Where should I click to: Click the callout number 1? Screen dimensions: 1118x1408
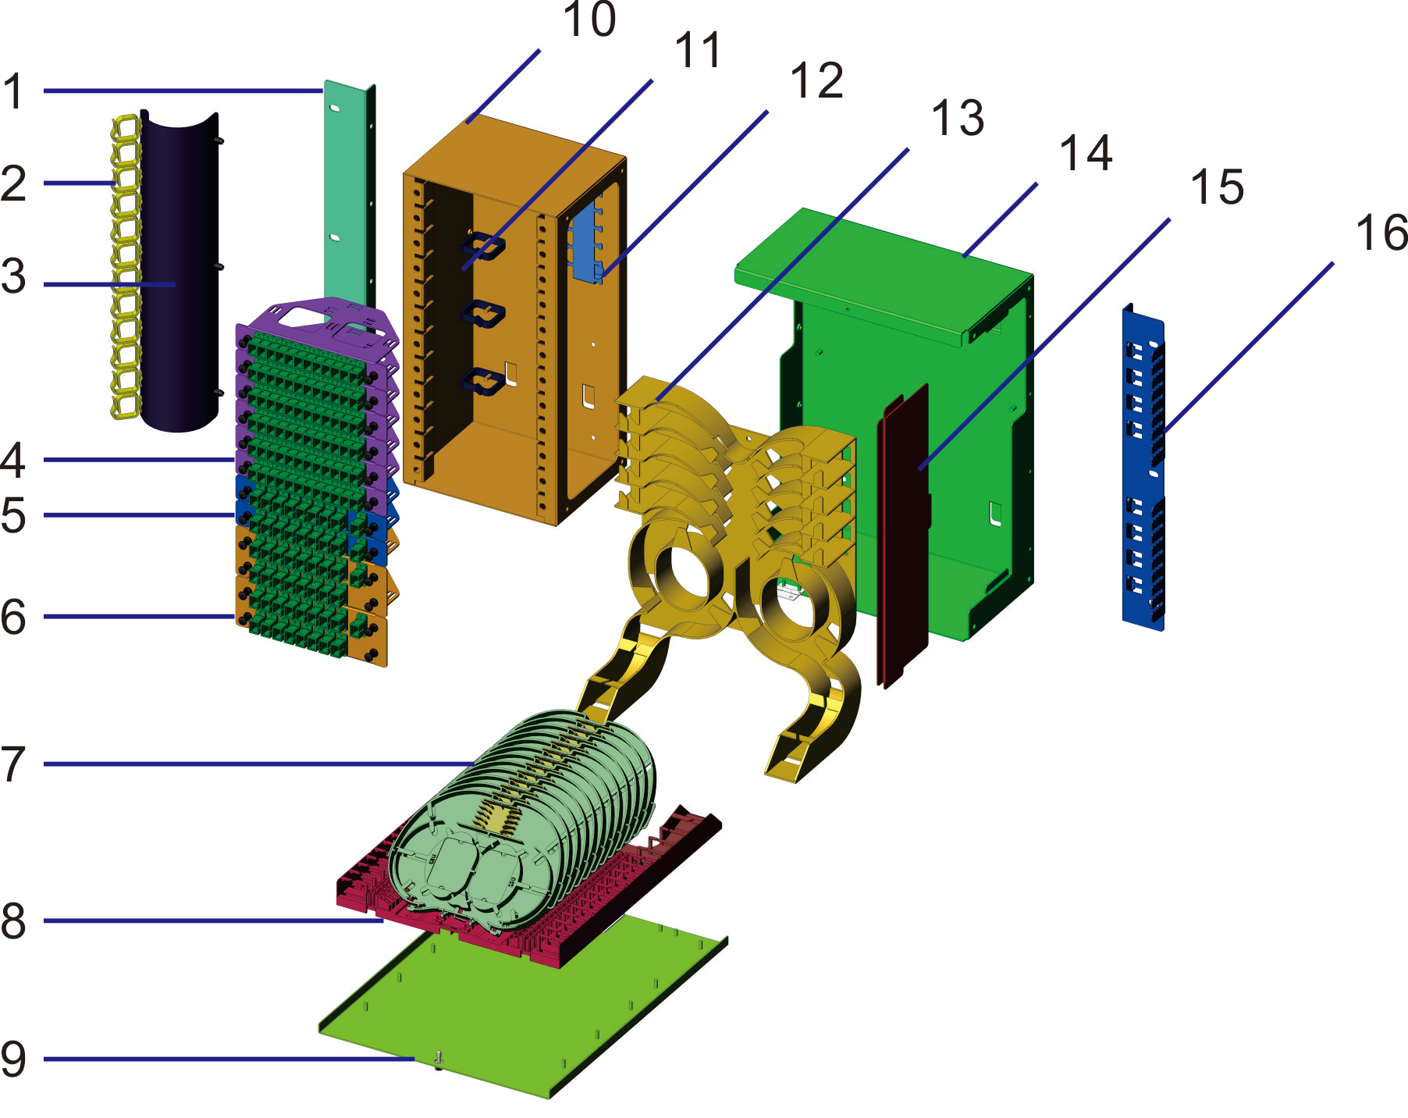click(x=14, y=91)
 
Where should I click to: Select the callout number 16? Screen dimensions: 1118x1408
click(x=1381, y=233)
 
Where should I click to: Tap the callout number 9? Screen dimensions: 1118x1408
click(x=14, y=1059)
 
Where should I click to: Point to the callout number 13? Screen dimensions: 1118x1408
click(x=957, y=119)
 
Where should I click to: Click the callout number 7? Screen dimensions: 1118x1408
click(x=14, y=764)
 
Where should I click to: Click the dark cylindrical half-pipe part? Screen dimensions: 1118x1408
click(x=178, y=273)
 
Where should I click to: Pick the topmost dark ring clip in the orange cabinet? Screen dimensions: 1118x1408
click(x=483, y=247)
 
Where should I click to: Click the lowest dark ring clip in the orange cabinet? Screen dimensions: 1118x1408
click(x=483, y=382)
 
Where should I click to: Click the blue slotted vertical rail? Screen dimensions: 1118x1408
click(x=1143, y=468)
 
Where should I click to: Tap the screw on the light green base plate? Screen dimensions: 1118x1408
click(x=438, y=1059)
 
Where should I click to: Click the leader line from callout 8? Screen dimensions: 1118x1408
click(x=211, y=920)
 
